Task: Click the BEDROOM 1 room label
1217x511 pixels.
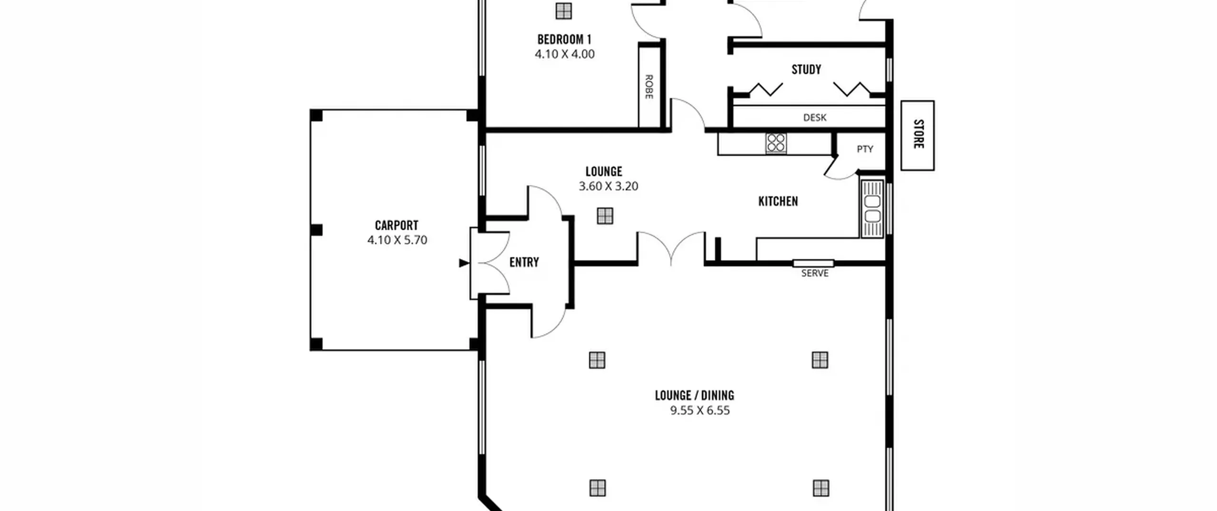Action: (x=564, y=39)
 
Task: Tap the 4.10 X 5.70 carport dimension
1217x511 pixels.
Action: (x=397, y=240)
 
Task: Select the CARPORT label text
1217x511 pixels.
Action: (x=396, y=225)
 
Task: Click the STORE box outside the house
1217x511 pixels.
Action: (x=918, y=135)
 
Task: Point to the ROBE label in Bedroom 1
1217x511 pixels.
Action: (x=649, y=87)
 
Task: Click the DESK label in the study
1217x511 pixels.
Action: (x=815, y=117)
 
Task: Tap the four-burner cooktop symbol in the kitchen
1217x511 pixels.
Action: (x=776, y=143)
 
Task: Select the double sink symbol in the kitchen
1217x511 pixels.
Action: (x=872, y=208)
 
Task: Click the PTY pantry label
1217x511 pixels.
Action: (x=865, y=149)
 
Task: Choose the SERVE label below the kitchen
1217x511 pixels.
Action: (x=815, y=273)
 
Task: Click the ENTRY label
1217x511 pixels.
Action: (x=524, y=262)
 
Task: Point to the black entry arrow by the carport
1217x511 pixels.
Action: (x=464, y=263)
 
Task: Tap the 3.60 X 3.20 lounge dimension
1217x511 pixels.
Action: (x=608, y=186)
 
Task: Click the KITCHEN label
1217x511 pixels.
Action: (x=778, y=202)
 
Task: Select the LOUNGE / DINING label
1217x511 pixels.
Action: (x=694, y=395)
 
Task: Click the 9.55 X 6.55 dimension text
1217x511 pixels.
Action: (x=700, y=411)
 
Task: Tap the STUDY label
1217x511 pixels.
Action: (x=806, y=70)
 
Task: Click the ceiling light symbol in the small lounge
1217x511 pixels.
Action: (x=605, y=216)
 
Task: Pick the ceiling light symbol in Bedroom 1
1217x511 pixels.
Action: (x=563, y=10)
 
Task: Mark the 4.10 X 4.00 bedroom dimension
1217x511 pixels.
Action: (x=565, y=54)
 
